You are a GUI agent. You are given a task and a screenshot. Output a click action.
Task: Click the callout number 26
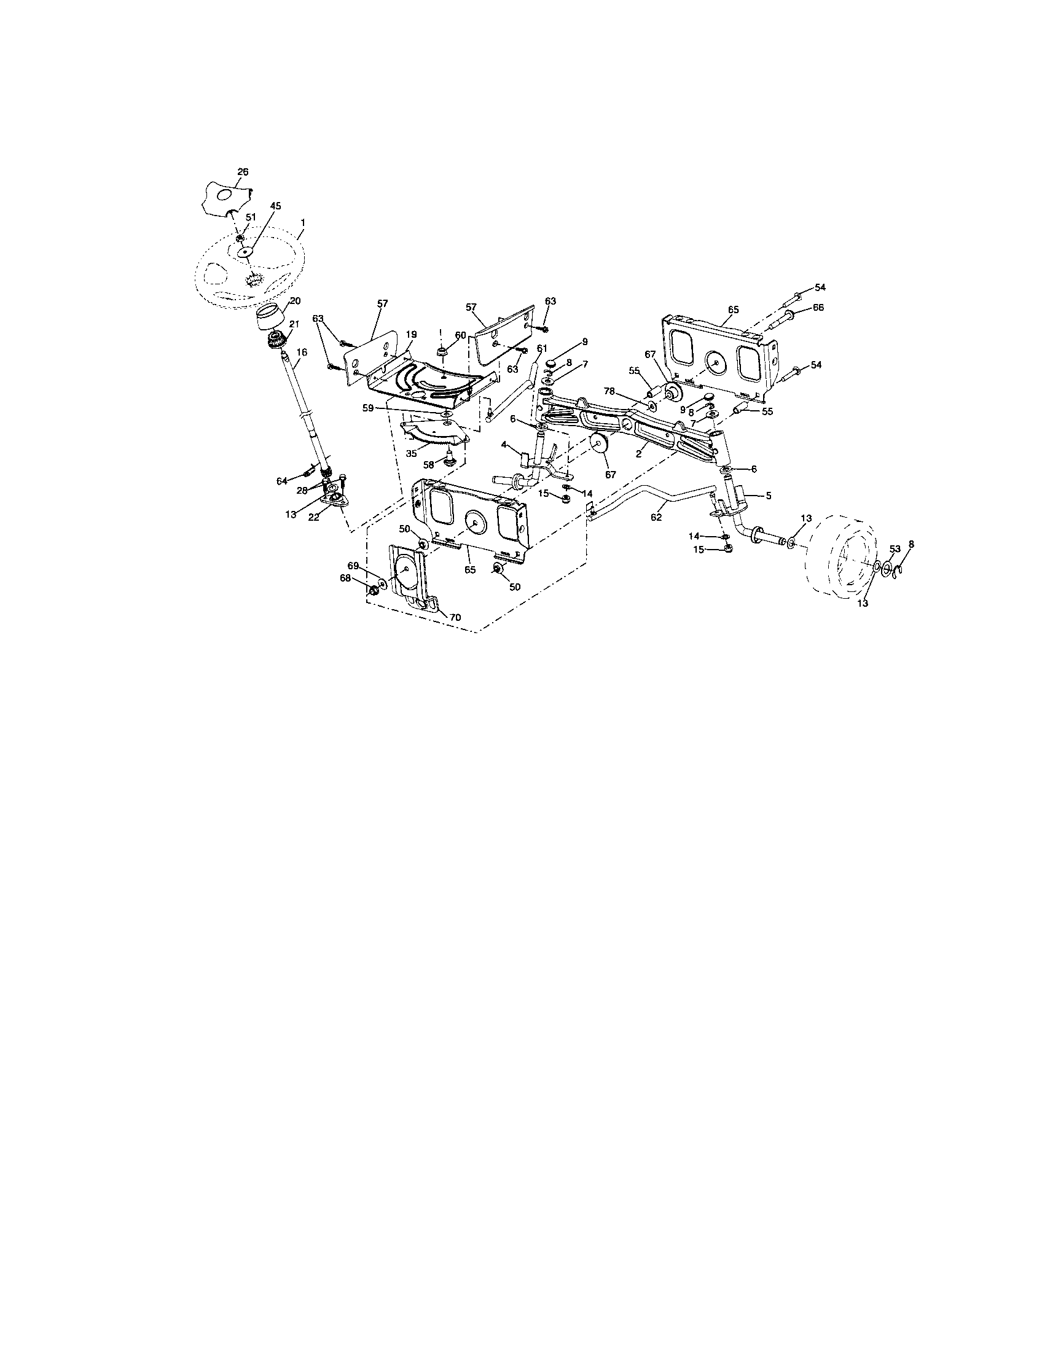pos(243,172)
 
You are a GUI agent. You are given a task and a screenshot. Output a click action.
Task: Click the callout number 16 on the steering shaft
pos(301,351)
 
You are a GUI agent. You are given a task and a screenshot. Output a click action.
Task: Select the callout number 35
pos(411,453)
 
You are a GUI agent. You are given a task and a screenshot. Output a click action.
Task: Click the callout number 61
pos(542,349)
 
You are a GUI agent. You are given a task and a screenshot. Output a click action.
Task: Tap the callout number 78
pos(609,391)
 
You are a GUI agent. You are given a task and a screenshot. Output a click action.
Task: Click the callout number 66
pos(818,308)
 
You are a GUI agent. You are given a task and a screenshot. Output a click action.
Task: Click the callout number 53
pos(895,548)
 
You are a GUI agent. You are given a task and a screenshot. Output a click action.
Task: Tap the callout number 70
pos(455,617)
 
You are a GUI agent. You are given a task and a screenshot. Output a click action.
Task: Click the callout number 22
pos(315,517)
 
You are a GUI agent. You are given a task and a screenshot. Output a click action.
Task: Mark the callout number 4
pos(504,444)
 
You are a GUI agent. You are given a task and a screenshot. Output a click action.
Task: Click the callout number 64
pos(282,481)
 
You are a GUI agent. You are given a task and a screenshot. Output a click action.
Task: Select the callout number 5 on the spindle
pos(768,496)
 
